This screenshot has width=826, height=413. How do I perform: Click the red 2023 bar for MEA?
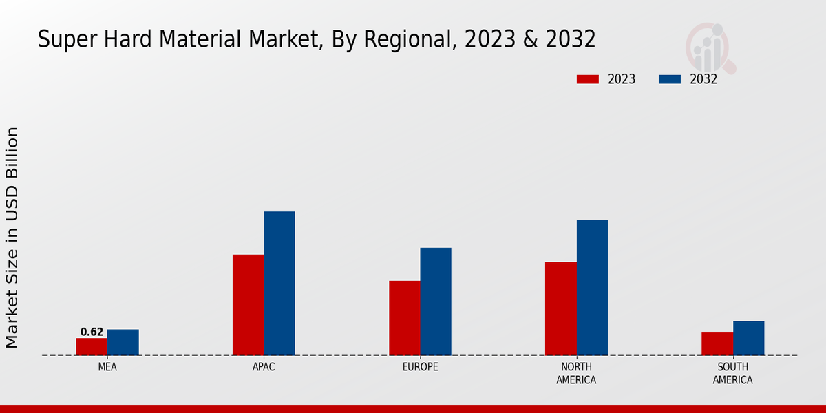coord(92,347)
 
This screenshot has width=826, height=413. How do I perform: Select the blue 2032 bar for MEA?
coord(123,343)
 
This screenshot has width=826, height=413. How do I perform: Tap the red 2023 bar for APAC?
coord(248,305)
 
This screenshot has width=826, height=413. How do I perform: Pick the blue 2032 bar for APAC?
coord(279,284)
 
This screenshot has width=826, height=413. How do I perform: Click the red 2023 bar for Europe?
coord(405,318)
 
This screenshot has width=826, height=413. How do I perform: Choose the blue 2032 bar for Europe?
coord(436,301)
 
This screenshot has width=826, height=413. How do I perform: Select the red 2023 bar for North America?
coord(561,309)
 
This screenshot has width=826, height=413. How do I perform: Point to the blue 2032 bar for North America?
coord(592,288)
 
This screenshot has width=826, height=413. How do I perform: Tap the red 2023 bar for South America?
coord(717,344)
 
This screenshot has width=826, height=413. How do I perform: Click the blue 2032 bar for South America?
coord(749,339)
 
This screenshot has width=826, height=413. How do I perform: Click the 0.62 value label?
coord(92,332)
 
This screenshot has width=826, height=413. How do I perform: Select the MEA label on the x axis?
coord(107,367)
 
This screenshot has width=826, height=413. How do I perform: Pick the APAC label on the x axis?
coord(264,367)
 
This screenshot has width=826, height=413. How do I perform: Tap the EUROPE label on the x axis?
coord(420,367)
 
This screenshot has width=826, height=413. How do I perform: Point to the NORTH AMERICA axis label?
coord(576,373)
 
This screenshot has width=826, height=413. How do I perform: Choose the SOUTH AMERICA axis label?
coord(732,373)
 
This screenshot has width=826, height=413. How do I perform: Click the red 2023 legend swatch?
coord(588,79)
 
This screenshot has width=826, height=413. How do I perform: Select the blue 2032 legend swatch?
coord(670,79)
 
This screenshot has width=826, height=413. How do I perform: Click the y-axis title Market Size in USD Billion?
coord(12,237)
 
